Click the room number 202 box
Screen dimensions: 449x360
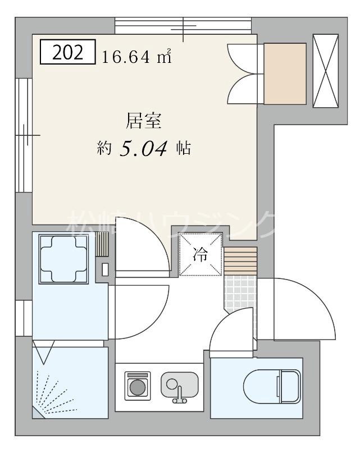click(67, 52)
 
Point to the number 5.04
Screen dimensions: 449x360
click(144, 149)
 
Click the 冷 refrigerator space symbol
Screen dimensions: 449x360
click(200, 254)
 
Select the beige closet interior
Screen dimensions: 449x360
click(285, 74)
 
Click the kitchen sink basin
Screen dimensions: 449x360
click(179, 385)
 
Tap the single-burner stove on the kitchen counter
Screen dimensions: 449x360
click(137, 386)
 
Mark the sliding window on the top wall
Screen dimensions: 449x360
click(183, 26)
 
